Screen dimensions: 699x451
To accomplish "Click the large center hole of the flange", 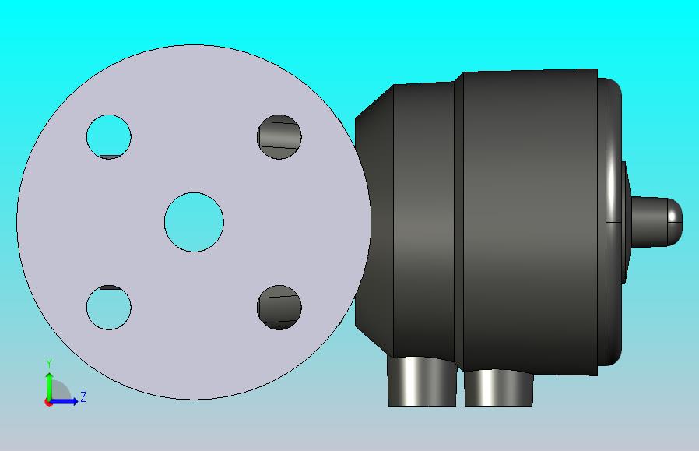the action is pyautogui.click(x=194, y=222).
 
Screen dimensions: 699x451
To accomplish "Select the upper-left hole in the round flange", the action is pyautogui.click(x=109, y=136).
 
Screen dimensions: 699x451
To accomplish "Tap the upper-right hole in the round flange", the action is pyautogui.click(x=279, y=136).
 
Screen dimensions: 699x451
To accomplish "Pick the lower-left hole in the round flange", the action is pyautogui.click(x=109, y=308).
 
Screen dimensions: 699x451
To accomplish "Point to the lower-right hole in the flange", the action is pyautogui.click(x=279, y=308).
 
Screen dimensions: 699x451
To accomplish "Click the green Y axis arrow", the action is pyautogui.click(x=49, y=385).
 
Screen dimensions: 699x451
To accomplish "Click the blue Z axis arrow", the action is pyautogui.click(x=64, y=401).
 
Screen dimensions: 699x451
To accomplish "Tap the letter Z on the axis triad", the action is pyautogui.click(x=83, y=396).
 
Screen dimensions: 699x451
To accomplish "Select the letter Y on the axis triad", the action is pyautogui.click(x=49, y=364).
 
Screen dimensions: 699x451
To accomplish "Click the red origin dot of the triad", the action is pyautogui.click(x=47, y=403).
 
